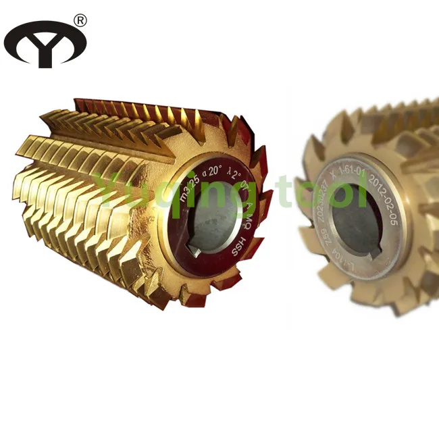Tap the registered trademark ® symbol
point(80,20)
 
